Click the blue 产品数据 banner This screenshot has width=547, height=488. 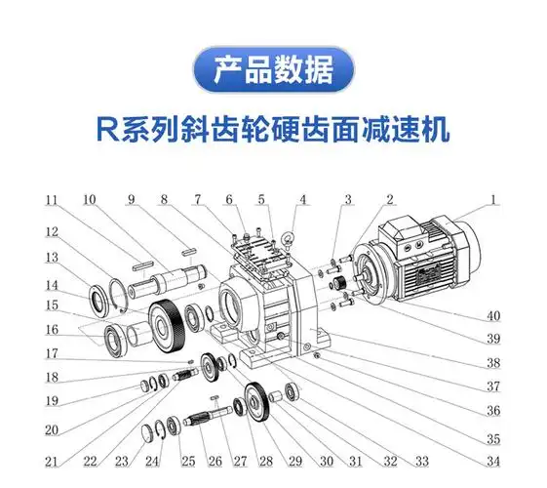[273, 71]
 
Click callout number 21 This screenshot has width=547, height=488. [51, 462]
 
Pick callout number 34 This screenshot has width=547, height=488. [494, 462]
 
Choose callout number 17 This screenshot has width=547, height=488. [51, 353]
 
